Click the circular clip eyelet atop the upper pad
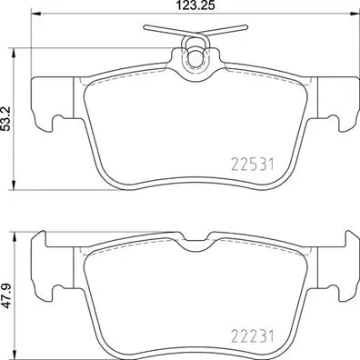[193, 59]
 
